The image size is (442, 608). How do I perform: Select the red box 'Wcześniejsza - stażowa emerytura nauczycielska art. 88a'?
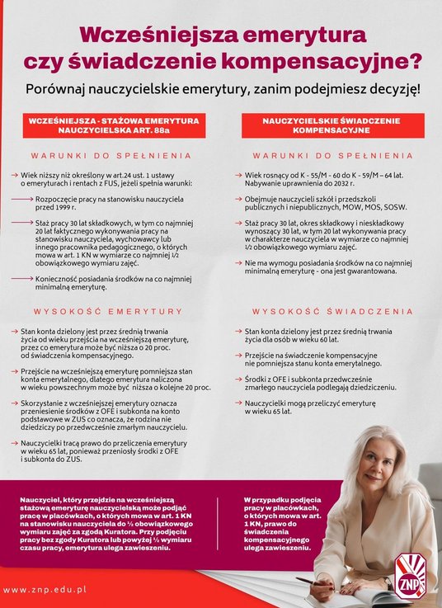pos(114,125)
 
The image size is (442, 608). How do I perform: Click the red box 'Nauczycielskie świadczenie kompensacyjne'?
pos(331,125)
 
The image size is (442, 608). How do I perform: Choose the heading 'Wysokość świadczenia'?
pos(332,312)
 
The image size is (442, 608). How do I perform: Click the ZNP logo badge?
pos(410,574)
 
